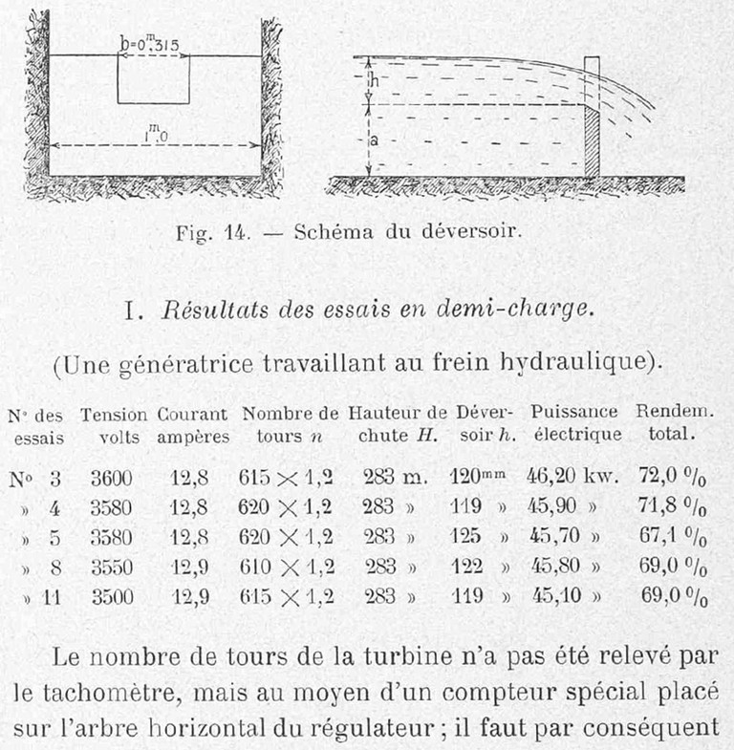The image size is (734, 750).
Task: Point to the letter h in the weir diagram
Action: [x=376, y=83]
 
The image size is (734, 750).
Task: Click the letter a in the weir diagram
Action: [x=375, y=139]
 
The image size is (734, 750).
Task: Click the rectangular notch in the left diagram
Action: [x=153, y=79]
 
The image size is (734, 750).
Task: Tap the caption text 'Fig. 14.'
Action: [x=208, y=232]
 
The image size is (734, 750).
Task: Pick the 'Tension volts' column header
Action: [x=114, y=425]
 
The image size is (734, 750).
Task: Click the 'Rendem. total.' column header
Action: [x=667, y=423]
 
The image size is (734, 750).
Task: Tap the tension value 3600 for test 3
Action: [x=113, y=478]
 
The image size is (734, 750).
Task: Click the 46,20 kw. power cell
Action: [x=570, y=477]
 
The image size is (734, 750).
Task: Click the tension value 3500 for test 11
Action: [x=113, y=597]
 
